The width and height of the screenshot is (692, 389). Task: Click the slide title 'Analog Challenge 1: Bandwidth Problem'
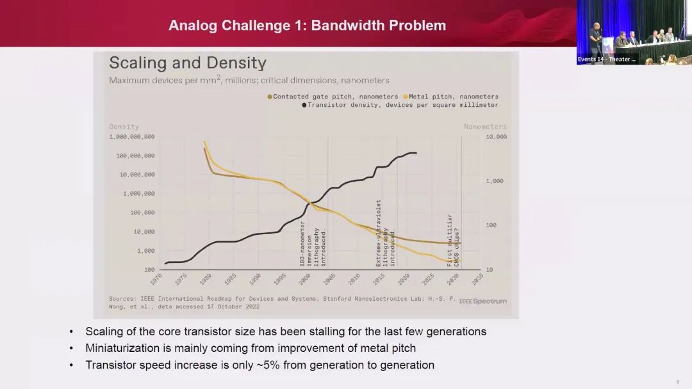click(x=307, y=26)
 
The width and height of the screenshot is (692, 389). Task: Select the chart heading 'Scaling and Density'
click(x=187, y=63)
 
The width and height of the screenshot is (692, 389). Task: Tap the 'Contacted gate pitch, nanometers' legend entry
click(x=333, y=97)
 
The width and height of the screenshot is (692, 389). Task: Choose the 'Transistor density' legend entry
click(x=400, y=105)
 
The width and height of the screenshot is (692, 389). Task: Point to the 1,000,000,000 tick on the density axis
click(x=131, y=137)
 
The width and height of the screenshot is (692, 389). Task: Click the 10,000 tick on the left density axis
click(x=144, y=232)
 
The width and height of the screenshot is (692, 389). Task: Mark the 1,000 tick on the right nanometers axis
click(x=495, y=181)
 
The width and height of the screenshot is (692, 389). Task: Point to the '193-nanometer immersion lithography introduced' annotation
click(x=313, y=247)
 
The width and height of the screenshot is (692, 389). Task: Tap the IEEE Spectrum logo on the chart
click(x=482, y=301)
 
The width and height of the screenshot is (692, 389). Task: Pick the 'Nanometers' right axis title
click(x=485, y=127)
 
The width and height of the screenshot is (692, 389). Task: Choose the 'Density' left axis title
click(x=124, y=127)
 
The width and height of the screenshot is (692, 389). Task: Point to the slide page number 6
click(x=678, y=382)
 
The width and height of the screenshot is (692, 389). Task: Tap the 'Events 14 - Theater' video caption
click(x=606, y=59)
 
